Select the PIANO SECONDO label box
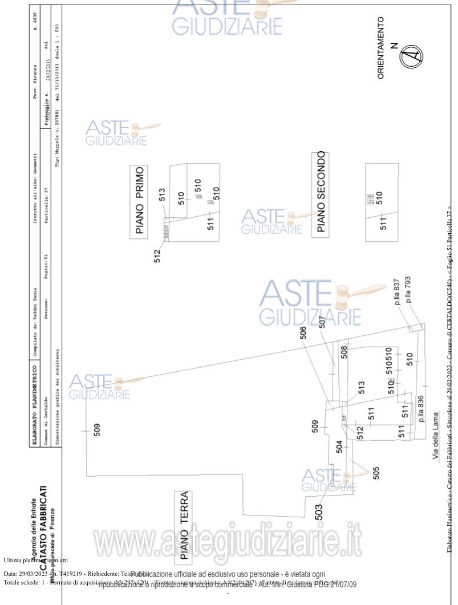tap(321, 193)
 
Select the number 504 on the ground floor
tap(339, 447)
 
